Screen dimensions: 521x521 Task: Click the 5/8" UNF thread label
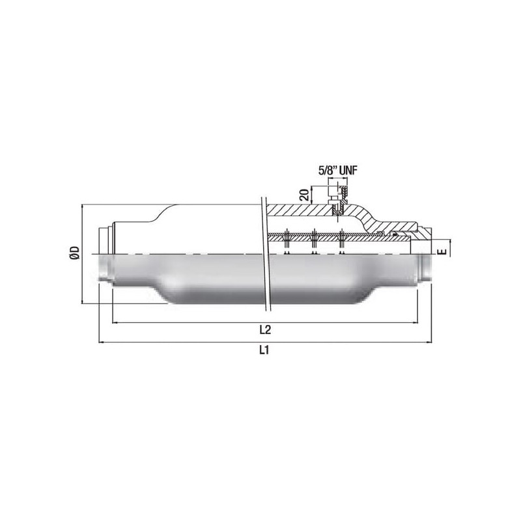point(338,171)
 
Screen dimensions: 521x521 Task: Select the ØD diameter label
point(74,253)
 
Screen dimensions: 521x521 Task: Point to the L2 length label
point(265,330)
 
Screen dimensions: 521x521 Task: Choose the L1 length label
point(264,350)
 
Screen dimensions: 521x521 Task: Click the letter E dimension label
point(442,251)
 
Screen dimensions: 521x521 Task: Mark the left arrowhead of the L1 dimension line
point(101,342)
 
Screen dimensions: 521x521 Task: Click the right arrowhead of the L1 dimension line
point(429,342)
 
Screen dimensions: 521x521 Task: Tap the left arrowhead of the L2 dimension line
point(115,322)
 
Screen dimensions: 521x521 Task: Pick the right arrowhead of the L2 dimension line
point(415,322)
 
